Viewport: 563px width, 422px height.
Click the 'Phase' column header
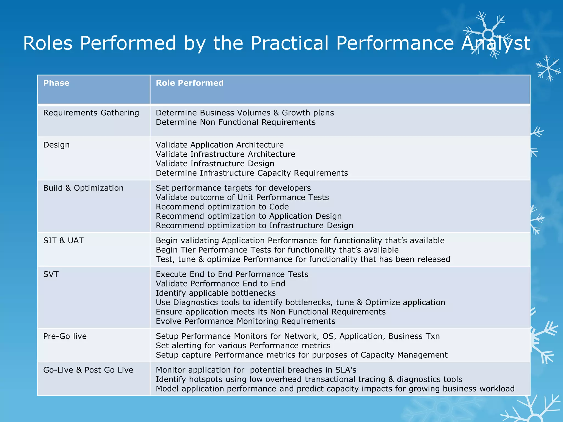[x=56, y=83]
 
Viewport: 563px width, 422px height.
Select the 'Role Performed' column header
[x=190, y=83]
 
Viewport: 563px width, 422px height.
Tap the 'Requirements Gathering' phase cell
[x=91, y=113]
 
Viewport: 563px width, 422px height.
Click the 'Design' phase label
[x=56, y=145]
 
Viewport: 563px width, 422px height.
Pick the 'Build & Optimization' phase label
[x=83, y=188]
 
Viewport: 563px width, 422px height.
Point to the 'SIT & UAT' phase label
[x=63, y=240]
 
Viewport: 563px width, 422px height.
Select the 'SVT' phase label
[x=51, y=274]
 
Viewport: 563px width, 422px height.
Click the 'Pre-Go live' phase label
[x=65, y=336]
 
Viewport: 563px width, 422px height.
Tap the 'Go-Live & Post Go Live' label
[x=88, y=370]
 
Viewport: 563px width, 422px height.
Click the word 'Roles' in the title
[x=48, y=43]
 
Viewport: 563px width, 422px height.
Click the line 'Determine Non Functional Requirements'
[x=236, y=122]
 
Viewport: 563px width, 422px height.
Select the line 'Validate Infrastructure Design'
[x=215, y=163]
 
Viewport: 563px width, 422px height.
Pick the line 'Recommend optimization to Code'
[x=222, y=207]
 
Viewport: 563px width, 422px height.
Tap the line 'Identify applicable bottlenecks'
[x=216, y=293]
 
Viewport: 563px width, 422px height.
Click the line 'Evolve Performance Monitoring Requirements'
[x=245, y=321]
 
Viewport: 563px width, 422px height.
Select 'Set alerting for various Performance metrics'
[x=243, y=345]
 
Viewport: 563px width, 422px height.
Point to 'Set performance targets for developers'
[x=233, y=188]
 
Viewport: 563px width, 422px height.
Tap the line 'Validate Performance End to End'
[x=220, y=284]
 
